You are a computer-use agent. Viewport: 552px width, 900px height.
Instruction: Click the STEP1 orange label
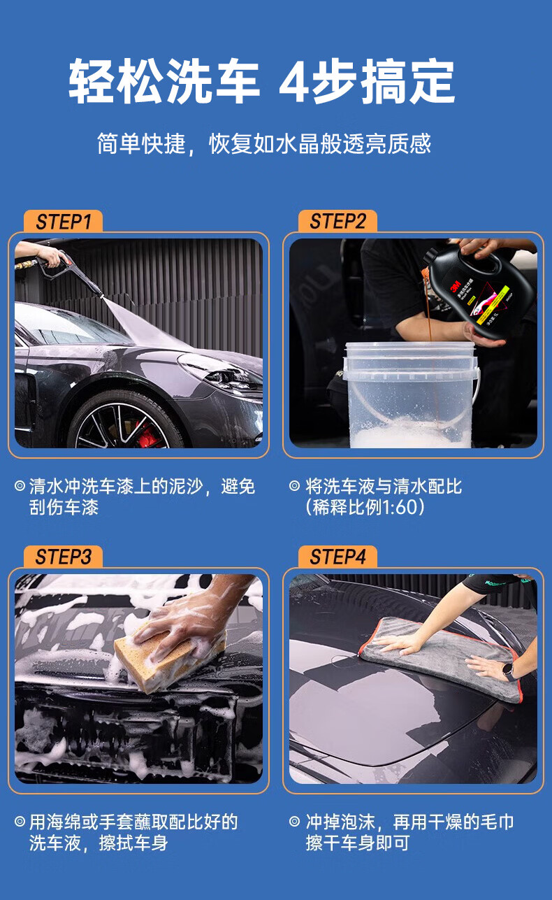click(64, 222)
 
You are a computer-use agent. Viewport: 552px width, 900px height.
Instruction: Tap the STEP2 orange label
click(337, 222)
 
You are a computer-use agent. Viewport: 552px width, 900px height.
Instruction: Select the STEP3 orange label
click(64, 557)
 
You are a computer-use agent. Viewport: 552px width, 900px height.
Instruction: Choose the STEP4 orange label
click(337, 557)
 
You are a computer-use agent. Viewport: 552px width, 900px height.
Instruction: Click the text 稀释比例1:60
click(365, 507)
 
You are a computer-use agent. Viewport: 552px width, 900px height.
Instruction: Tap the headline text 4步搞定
click(367, 82)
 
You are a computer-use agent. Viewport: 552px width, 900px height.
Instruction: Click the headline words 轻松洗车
click(164, 82)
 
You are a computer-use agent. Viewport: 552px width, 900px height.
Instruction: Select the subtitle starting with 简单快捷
click(263, 143)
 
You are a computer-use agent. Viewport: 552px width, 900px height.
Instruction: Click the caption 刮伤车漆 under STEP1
click(64, 507)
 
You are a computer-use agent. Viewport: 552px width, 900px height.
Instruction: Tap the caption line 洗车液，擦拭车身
click(99, 843)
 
